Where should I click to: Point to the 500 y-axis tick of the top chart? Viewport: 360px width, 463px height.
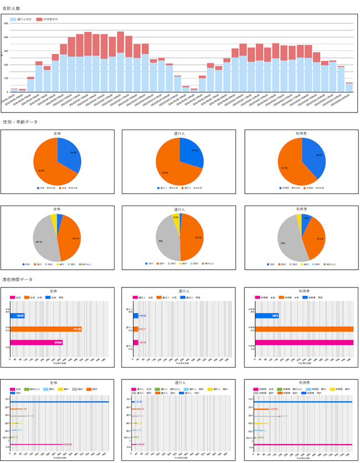(6, 23)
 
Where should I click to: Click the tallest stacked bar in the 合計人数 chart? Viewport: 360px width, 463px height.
(88, 61)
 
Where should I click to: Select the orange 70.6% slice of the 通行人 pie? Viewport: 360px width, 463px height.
(169, 169)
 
